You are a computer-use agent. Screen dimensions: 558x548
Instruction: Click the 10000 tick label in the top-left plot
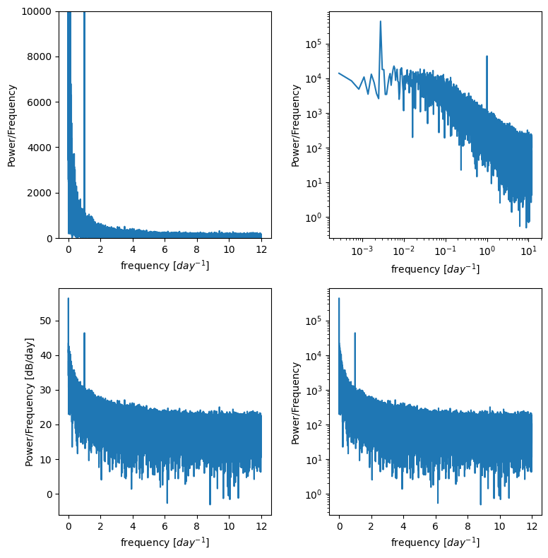[x=37, y=11]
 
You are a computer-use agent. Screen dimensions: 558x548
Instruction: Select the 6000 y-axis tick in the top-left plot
[x=40, y=102]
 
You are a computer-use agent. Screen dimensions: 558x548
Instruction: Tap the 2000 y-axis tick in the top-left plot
[x=40, y=193]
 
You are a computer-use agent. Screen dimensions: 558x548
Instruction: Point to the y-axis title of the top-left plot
[x=12, y=125]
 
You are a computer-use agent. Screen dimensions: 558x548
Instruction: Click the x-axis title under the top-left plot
[x=165, y=266]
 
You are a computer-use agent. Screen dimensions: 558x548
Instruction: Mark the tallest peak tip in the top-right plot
[x=381, y=21]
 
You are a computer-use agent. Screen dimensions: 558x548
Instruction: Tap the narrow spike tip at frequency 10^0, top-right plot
[x=487, y=57]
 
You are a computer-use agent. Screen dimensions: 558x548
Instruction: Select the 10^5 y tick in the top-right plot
[x=314, y=44]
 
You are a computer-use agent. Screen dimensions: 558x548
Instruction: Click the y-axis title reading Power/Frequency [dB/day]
[x=30, y=401]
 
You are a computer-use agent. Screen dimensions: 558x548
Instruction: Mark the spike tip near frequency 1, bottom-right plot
[x=355, y=333]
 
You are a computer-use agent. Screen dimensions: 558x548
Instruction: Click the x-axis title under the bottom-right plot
[x=435, y=542]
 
